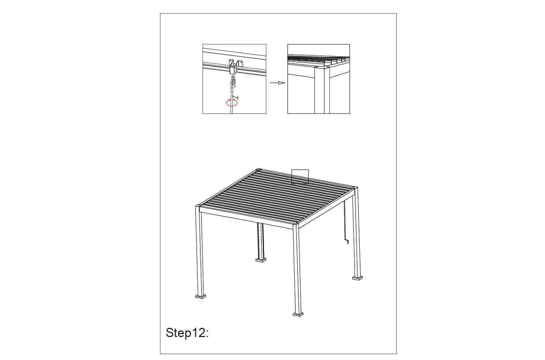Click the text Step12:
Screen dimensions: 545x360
tap(187, 333)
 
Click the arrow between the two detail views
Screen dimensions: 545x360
tap(277, 83)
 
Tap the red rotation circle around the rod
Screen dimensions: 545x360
tap(231, 103)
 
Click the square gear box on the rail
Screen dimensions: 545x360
tap(233, 69)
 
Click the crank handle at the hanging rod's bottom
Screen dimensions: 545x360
tap(346, 241)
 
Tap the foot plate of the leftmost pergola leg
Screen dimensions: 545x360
tap(200, 296)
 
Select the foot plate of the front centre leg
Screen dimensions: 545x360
tap(298, 315)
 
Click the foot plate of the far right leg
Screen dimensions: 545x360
tap(358, 278)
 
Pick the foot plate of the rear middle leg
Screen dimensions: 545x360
tap(261, 260)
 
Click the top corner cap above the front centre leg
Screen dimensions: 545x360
tap(296, 224)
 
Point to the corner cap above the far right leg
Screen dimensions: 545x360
tap(355, 187)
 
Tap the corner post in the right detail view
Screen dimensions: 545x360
tap(322, 91)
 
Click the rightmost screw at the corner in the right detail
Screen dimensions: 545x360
tap(327, 67)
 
